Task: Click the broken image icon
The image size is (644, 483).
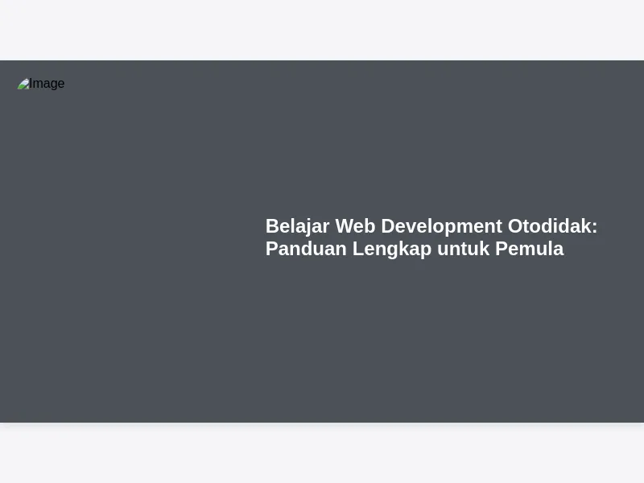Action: coord(23,84)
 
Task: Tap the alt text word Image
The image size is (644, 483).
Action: coord(47,84)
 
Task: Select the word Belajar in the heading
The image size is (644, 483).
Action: coord(297,227)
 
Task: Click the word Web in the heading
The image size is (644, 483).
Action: coord(355,226)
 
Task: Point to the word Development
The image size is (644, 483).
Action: coord(441,227)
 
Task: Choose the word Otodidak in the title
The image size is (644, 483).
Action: coord(550,226)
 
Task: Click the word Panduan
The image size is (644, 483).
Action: coord(306,249)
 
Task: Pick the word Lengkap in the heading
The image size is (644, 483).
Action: coord(392,250)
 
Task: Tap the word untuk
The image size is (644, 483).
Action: coord(464,250)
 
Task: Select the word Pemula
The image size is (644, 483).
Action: coord(530,249)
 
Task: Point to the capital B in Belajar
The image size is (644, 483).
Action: coord(273,226)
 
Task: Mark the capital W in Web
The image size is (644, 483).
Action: coord(345,226)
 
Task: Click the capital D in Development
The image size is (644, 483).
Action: coord(389,226)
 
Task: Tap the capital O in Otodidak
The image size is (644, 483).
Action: coord(516,226)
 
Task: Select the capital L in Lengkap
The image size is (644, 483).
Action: coord(358,249)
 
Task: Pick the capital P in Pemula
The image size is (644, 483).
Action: coord(502,249)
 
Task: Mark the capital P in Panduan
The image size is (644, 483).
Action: coord(272,249)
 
